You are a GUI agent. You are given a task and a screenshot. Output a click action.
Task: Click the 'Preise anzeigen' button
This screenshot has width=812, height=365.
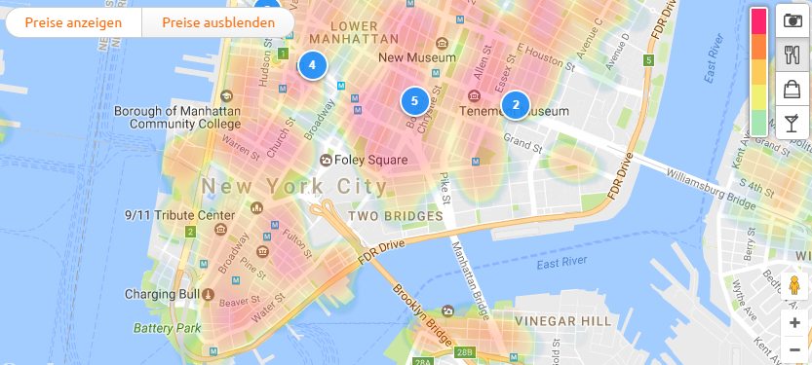click(73, 22)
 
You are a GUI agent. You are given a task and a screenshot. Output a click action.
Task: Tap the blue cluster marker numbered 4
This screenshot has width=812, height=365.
click(312, 65)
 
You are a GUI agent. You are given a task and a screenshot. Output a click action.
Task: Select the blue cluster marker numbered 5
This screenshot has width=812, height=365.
click(414, 100)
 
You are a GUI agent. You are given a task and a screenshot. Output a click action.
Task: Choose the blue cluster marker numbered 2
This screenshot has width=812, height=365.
click(515, 104)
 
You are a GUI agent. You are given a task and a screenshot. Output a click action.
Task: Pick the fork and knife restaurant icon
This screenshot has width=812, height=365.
click(793, 55)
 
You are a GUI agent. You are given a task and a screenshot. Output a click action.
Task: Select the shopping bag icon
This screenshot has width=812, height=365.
click(793, 90)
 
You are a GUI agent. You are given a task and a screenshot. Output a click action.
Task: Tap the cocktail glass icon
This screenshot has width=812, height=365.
click(793, 123)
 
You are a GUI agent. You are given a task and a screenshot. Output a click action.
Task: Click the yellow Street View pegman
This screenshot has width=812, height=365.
click(794, 287)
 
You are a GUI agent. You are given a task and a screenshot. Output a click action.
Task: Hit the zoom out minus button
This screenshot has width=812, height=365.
click(794, 348)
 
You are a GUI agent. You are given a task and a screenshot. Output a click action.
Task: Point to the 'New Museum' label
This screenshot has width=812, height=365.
click(416, 57)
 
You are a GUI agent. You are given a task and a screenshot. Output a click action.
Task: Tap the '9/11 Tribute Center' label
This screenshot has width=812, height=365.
click(178, 214)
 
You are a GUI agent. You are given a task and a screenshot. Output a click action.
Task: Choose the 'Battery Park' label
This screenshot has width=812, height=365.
click(168, 328)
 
